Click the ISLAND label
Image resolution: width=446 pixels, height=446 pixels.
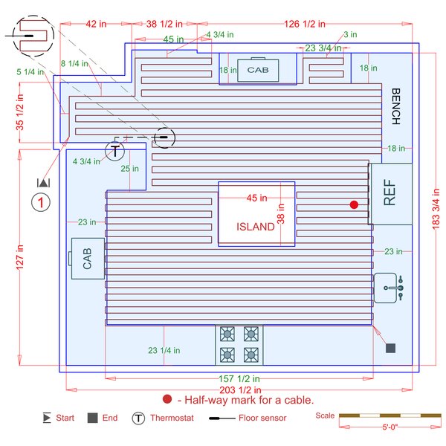(255, 227)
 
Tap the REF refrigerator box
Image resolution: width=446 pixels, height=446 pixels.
(390, 193)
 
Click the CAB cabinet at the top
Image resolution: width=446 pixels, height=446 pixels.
(258, 71)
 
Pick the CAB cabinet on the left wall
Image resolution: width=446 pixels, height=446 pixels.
(88, 259)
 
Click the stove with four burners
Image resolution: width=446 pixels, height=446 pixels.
(239, 344)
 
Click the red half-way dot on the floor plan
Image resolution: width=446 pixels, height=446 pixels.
(355, 204)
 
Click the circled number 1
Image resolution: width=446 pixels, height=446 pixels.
(42, 201)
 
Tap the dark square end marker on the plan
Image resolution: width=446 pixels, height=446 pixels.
(390, 348)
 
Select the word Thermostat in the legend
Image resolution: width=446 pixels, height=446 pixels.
(172, 418)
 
